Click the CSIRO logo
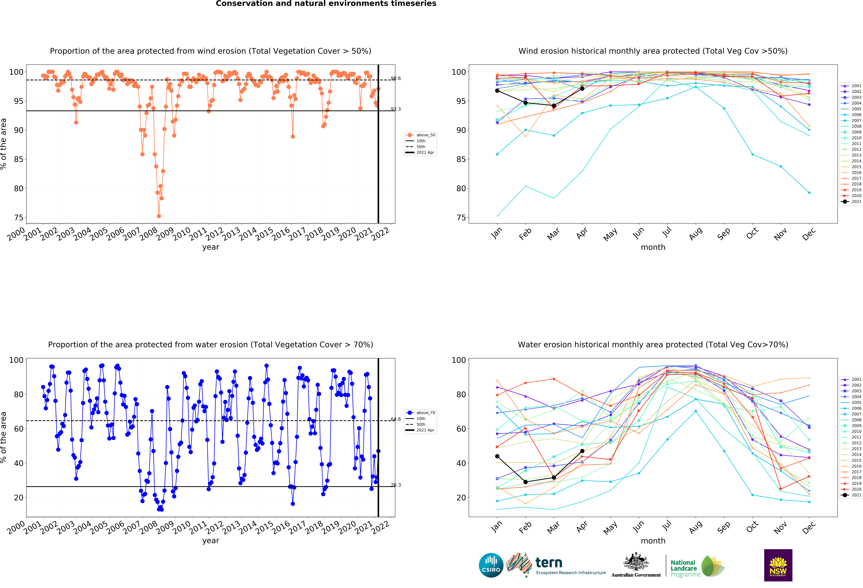point(491,565)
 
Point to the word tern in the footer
point(549,563)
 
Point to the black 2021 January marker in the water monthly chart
point(497,456)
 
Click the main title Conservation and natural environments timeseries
point(326,4)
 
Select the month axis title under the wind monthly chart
point(653,247)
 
